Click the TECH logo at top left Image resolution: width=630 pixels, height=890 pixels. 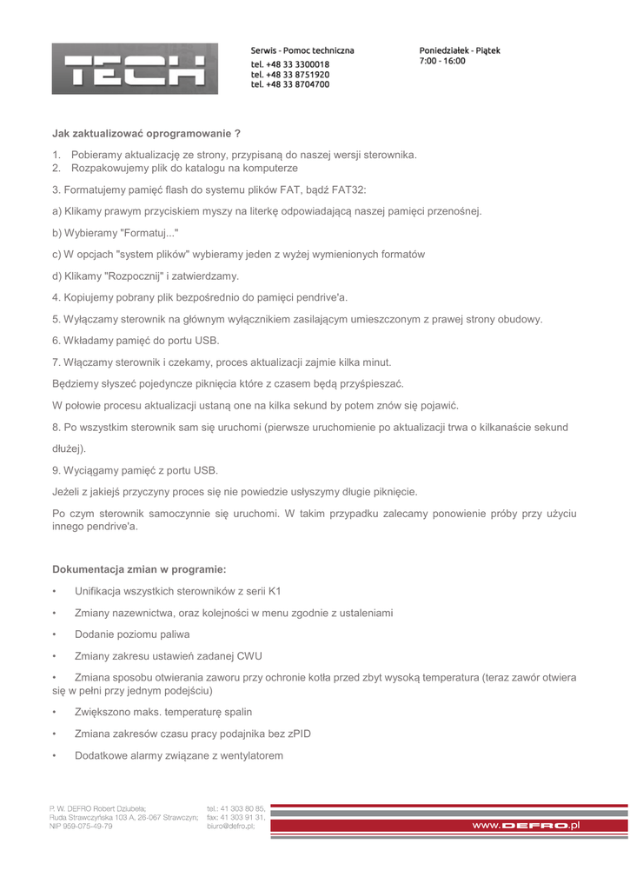[x=135, y=69]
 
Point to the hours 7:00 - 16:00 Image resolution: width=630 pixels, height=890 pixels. [x=442, y=61]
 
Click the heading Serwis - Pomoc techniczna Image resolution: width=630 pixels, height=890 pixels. [x=302, y=50]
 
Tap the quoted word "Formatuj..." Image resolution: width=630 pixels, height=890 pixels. [x=140, y=232]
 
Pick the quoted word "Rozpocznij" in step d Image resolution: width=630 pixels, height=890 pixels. [x=134, y=276]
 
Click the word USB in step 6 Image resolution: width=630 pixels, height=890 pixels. [x=207, y=341]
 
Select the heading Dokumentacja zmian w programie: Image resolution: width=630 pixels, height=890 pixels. [x=139, y=569]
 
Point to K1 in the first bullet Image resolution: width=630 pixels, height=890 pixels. [x=274, y=591]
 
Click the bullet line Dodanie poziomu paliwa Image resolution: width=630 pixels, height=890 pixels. [x=132, y=634]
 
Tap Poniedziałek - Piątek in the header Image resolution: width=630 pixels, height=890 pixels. [x=460, y=50]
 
